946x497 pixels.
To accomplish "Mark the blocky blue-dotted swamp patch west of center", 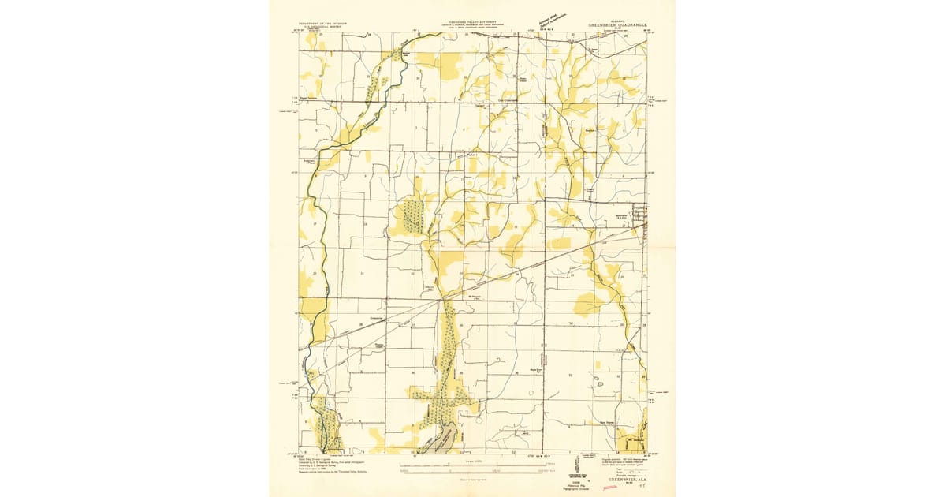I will pyautogui.click(x=411, y=216).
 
